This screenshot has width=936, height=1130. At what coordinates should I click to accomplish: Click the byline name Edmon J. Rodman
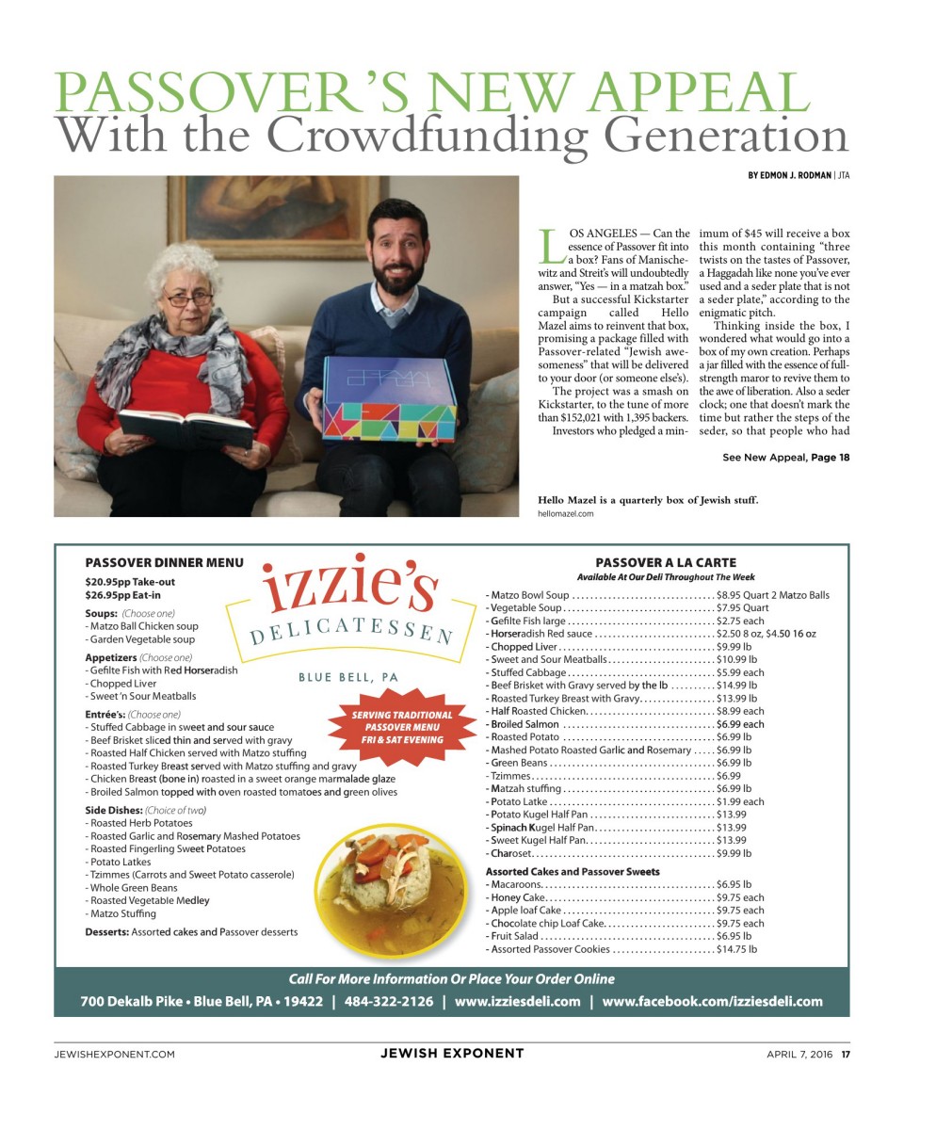tap(790, 175)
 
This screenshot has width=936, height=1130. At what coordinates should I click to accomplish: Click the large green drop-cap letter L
tap(549, 246)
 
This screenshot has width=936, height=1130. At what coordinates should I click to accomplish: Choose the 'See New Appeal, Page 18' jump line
tap(785, 458)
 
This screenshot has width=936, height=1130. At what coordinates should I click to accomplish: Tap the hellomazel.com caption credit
tap(565, 514)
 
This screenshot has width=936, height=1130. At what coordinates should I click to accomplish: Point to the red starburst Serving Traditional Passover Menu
tap(402, 727)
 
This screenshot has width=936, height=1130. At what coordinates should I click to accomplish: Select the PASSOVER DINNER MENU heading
tap(164, 563)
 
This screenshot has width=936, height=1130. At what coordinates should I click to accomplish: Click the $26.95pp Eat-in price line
tap(122, 595)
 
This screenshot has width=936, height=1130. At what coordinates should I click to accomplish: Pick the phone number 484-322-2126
tap(389, 1001)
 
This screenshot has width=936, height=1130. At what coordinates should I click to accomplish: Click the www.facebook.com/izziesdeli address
tap(712, 1001)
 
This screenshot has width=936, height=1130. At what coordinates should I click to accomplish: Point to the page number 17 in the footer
tap(845, 1054)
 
